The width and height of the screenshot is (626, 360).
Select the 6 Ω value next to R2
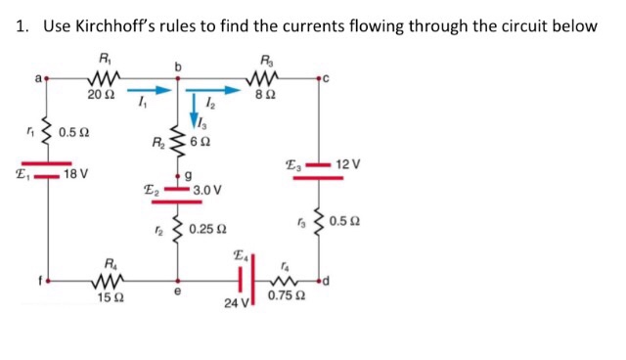pos(201,143)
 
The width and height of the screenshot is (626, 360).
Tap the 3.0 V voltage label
pos(207,190)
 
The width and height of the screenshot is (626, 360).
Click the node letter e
pos(177,290)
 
